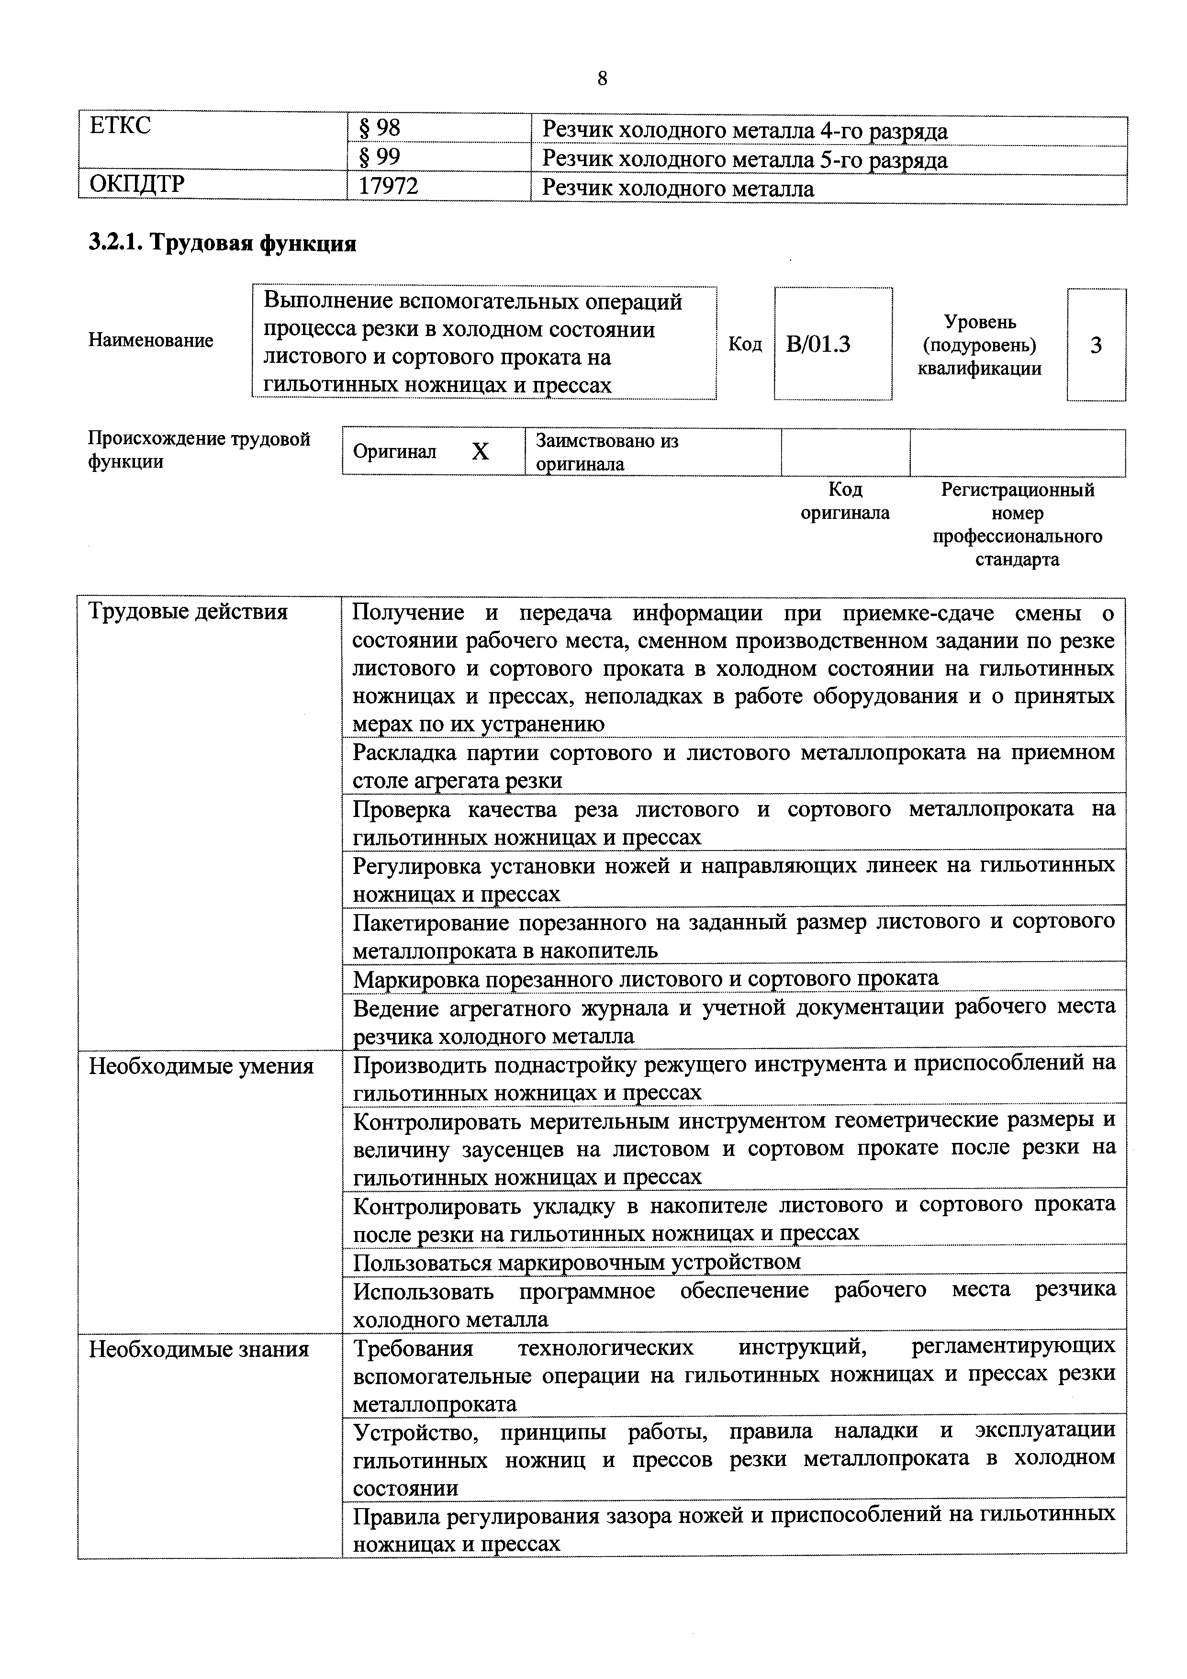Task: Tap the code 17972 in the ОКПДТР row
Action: click(388, 187)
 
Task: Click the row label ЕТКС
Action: click(120, 126)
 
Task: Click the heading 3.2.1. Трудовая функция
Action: click(223, 243)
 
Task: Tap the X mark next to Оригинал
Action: click(480, 452)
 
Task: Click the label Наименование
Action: click(151, 340)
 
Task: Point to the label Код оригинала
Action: click(845, 501)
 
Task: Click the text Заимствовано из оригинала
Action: click(607, 452)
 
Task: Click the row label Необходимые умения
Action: click(201, 1066)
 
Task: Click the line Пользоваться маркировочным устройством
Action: click(577, 1262)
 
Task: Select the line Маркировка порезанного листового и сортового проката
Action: click(645, 978)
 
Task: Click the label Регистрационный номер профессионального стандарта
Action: click(1017, 524)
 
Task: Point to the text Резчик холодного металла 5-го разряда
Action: click(744, 159)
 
